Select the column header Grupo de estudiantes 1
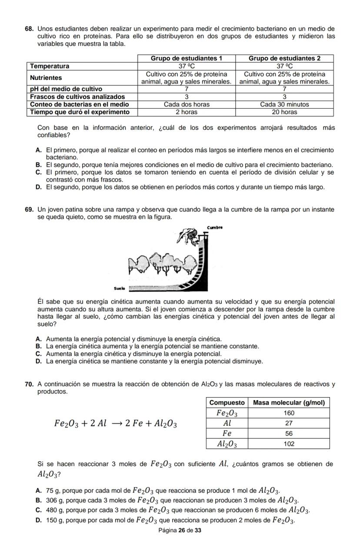[186, 58]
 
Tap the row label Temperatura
[49, 66]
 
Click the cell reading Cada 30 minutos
[284, 104]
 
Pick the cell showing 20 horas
[284, 112]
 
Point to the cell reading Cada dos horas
[186, 104]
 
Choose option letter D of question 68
[39, 187]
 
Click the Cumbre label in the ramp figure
[215, 227]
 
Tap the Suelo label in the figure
[119, 288]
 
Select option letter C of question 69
[39, 354]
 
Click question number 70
[29, 384]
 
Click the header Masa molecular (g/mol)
[289, 402]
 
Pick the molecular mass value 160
[289, 413]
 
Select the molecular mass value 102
[289, 444]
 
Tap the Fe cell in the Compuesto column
[227, 433]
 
